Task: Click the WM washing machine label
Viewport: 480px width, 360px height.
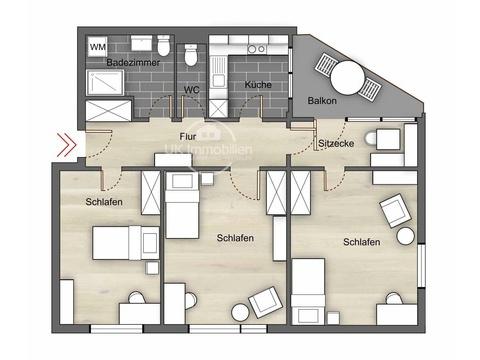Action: click(98, 47)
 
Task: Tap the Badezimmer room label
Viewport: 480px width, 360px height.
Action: click(133, 62)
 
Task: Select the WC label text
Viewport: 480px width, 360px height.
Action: click(192, 90)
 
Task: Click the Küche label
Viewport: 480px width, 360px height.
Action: click(258, 84)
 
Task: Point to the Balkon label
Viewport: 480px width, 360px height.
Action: click(322, 100)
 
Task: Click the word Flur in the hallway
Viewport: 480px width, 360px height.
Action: click(188, 136)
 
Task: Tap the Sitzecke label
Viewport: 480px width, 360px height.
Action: click(336, 143)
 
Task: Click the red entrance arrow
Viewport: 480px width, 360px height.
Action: click(67, 145)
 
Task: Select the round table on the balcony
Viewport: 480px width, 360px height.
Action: click(347, 78)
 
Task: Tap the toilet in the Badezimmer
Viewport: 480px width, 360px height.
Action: click(164, 45)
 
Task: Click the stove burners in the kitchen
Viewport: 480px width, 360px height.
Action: click(257, 49)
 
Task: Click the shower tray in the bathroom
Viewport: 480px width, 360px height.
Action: click(105, 83)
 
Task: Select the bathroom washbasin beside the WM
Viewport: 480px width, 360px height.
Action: click(141, 43)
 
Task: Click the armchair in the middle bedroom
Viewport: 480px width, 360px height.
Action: click(266, 302)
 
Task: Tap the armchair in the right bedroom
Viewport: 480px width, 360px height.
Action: click(395, 210)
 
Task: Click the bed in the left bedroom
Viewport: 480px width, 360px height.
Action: click(125, 243)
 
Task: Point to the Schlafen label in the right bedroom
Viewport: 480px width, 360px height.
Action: click(362, 242)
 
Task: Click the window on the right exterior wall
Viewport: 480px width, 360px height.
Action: click(422, 266)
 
